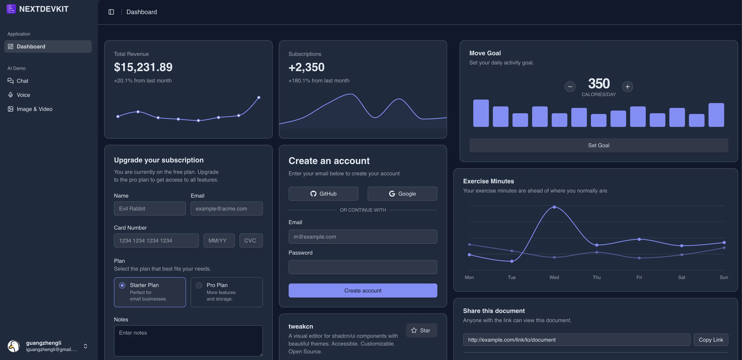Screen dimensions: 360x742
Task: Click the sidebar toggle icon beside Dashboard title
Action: click(x=111, y=12)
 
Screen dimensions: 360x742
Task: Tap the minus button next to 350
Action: click(x=570, y=87)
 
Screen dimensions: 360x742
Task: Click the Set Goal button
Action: click(x=599, y=145)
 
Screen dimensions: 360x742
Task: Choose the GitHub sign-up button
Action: click(x=323, y=194)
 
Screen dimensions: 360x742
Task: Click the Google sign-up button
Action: click(x=402, y=194)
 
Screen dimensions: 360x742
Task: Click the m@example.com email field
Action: click(x=363, y=237)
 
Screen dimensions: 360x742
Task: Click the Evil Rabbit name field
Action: click(x=150, y=208)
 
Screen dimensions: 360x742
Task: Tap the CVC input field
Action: click(x=251, y=240)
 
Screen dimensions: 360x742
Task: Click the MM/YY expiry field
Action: click(x=219, y=240)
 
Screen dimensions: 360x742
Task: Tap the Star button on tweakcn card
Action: click(x=421, y=330)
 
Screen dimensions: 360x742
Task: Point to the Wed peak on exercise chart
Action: click(x=554, y=207)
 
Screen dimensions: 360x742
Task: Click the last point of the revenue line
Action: click(x=259, y=97)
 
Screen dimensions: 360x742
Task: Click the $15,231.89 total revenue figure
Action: click(x=143, y=67)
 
